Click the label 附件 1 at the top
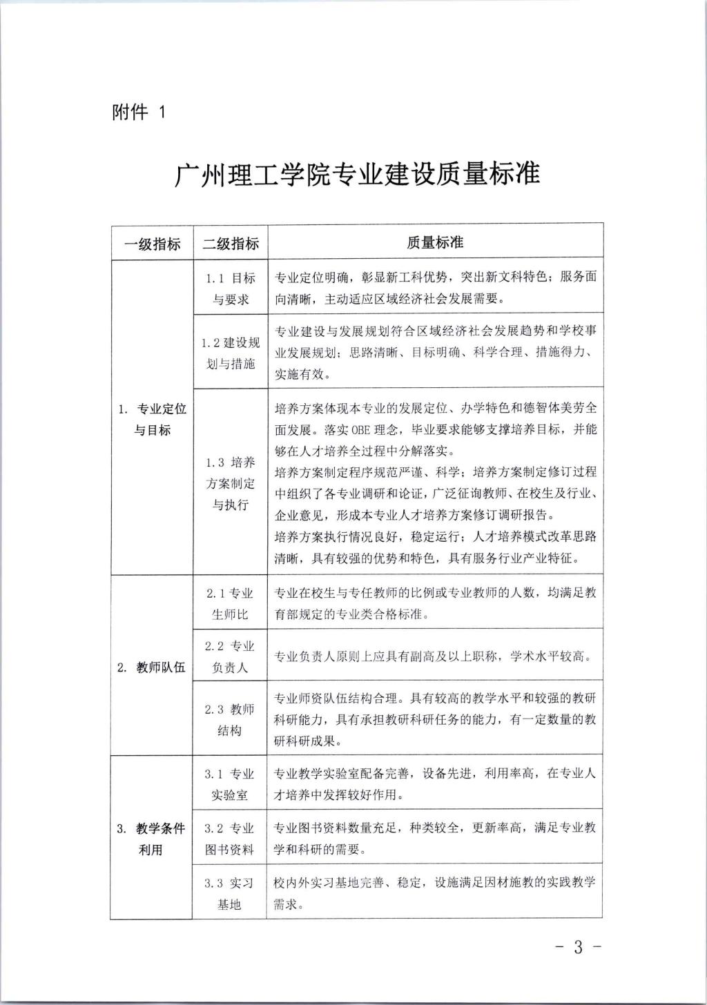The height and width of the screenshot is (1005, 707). (x=139, y=111)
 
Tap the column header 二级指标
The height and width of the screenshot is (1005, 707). (x=231, y=243)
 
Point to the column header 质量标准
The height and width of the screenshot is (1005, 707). (x=435, y=242)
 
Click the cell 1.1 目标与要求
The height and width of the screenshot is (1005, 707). (x=231, y=289)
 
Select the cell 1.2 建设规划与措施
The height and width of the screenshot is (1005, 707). (x=231, y=353)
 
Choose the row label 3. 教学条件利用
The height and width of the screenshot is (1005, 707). (x=151, y=839)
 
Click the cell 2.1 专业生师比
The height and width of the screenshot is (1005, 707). (x=231, y=603)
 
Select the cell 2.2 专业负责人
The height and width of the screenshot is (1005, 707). (x=231, y=656)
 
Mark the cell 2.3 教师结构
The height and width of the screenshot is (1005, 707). (x=231, y=719)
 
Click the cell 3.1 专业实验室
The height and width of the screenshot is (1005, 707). (x=231, y=784)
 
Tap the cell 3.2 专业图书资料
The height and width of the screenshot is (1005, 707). (x=231, y=838)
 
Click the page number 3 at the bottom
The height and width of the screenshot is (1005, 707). (x=579, y=947)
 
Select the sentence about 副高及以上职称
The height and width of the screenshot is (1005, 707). (x=432, y=656)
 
